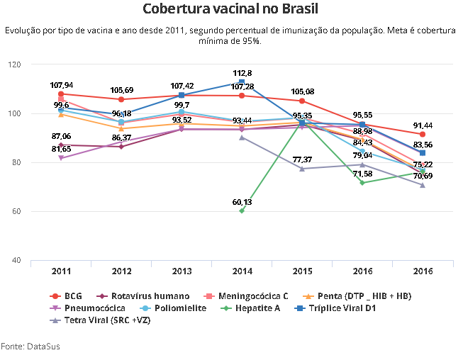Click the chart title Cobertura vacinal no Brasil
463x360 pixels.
(x=230, y=9)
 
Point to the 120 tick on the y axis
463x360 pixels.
(x=14, y=64)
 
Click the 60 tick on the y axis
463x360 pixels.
(x=16, y=212)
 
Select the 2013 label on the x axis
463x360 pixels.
(x=182, y=271)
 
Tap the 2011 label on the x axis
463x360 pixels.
(x=61, y=271)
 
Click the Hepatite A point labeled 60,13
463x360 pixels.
(x=242, y=210)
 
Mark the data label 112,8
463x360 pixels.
(x=242, y=73)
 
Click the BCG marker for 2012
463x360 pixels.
(x=121, y=99)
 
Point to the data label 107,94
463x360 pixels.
(x=62, y=85)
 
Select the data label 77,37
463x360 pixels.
(x=302, y=159)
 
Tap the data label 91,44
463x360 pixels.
(x=423, y=125)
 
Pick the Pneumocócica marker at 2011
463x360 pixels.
(x=61, y=157)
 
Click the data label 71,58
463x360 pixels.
(x=362, y=174)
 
